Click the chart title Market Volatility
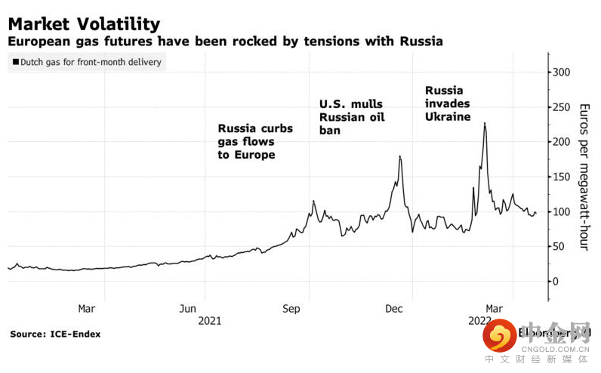point(84,25)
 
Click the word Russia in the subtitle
point(421,41)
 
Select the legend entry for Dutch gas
point(86,62)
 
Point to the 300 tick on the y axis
point(566,72)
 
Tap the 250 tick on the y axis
point(566,107)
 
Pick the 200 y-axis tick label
point(566,142)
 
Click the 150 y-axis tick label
point(566,177)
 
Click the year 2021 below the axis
point(209,320)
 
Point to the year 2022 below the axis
point(480,320)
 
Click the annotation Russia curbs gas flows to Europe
point(255,141)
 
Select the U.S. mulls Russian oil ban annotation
point(351,117)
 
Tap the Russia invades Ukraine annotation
point(447,103)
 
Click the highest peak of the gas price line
point(484,123)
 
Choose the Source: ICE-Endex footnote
point(55,334)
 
